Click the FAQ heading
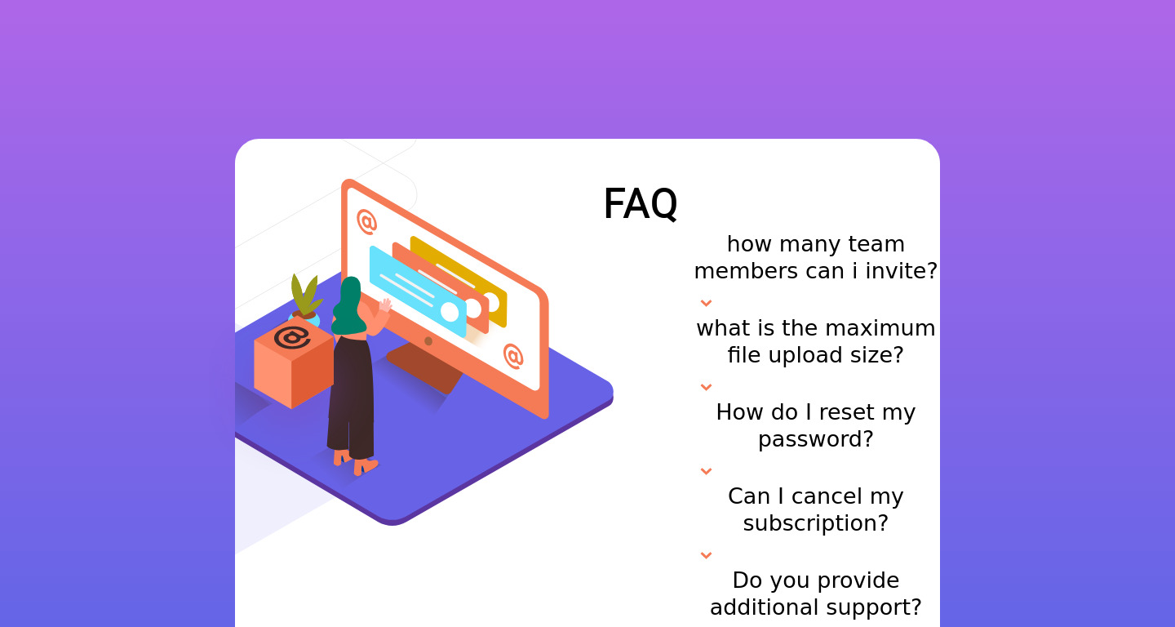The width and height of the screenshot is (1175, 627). click(640, 204)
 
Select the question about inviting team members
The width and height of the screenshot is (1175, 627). click(815, 257)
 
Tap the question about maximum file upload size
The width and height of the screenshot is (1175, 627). click(815, 341)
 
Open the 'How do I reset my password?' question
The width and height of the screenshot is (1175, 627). click(815, 425)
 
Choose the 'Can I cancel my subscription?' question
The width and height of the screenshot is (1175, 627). click(815, 509)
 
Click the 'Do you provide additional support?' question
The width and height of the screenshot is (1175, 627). click(815, 594)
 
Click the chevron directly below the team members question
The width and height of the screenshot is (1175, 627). click(706, 303)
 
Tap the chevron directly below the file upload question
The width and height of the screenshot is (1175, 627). click(706, 387)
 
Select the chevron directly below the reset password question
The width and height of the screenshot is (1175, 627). click(706, 471)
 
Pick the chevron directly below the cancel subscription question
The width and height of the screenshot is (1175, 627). click(706, 555)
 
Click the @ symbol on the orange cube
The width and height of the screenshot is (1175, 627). click(291, 336)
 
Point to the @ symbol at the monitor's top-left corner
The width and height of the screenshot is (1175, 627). click(366, 221)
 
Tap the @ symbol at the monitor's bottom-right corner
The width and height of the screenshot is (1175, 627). click(512, 356)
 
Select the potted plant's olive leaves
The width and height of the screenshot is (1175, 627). click(304, 293)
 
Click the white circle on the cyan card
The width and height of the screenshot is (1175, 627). click(450, 312)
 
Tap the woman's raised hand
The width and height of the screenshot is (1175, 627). click(385, 305)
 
